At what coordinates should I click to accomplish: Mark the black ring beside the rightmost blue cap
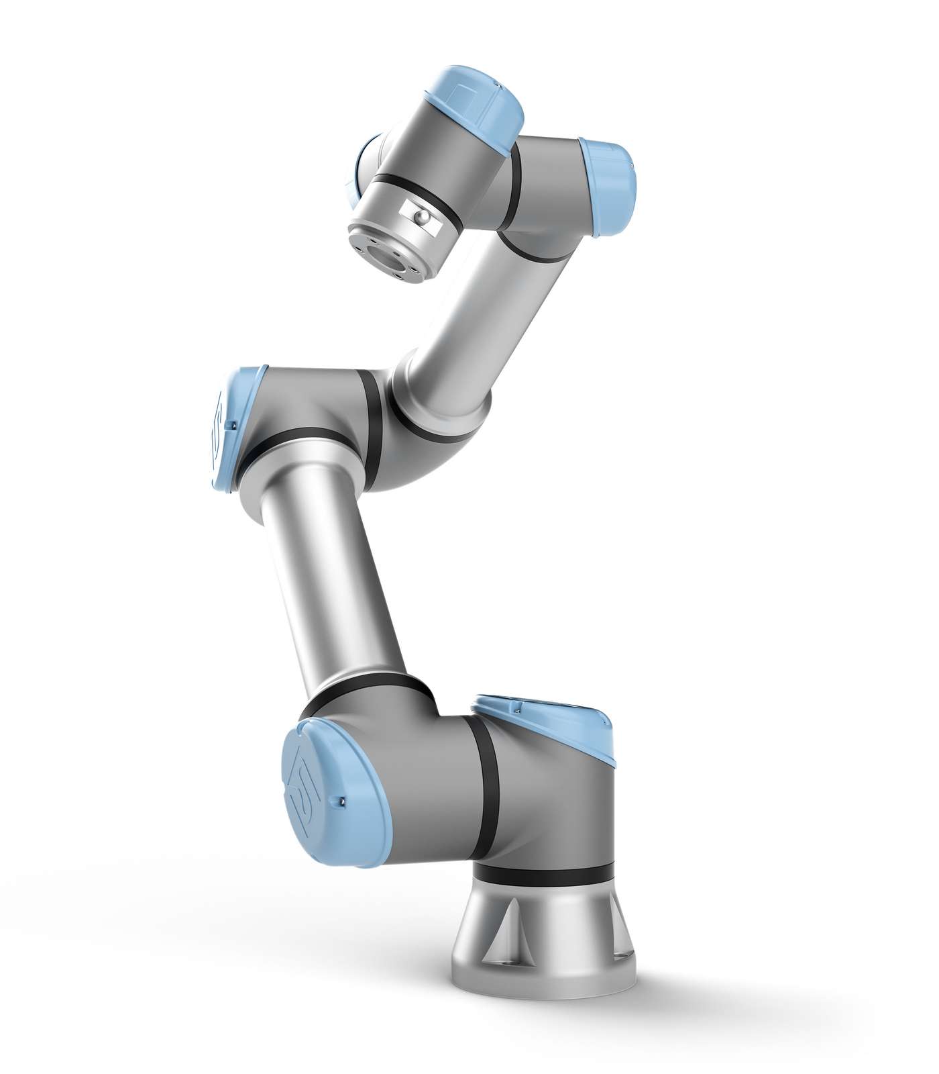click(584, 188)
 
